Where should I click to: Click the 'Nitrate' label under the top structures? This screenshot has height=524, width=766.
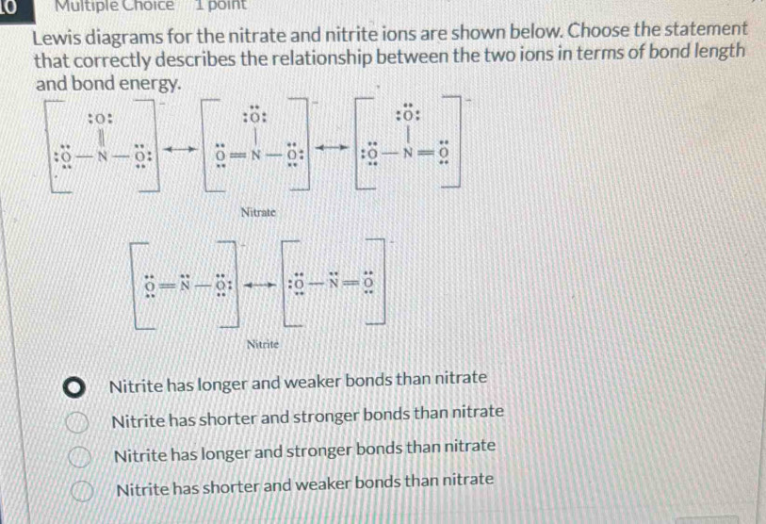256,214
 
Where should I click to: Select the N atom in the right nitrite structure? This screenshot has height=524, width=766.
333,284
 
